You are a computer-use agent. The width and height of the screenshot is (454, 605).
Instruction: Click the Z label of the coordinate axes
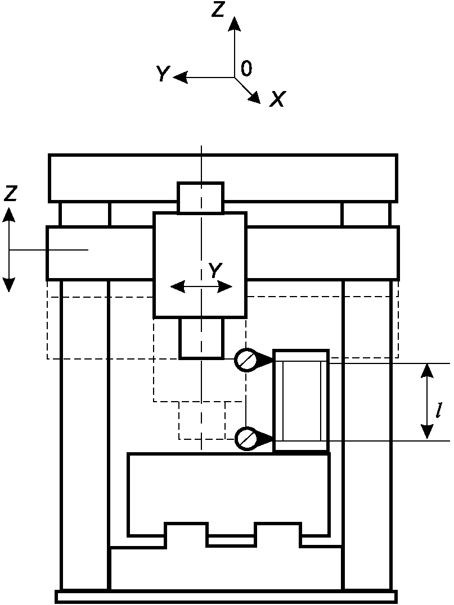[x=218, y=10]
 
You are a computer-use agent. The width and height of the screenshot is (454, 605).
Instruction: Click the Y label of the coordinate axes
[x=163, y=74]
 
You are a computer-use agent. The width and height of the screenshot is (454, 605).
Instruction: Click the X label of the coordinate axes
[x=277, y=99]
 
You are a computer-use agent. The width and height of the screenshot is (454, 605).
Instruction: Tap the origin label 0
[x=246, y=69]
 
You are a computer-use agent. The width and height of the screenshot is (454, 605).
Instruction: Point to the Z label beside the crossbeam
[x=10, y=194]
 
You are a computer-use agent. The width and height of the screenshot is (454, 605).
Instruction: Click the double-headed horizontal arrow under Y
[x=201, y=287]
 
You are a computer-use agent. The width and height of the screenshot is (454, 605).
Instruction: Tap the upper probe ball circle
[x=245, y=360]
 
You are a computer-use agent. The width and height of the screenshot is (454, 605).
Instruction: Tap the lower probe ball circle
[x=245, y=438]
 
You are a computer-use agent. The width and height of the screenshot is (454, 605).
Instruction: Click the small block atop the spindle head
[x=200, y=198]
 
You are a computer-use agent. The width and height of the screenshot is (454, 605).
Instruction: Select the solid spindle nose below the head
[x=201, y=338]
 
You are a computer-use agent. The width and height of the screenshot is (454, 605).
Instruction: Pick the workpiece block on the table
[x=301, y=401]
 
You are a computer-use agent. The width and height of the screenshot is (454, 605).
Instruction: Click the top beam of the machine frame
[x=223, y=177]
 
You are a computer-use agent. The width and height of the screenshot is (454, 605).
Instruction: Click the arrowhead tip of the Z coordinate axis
[x=235, y=18]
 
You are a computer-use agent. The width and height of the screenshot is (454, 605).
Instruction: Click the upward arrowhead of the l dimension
[x=428, y=367]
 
